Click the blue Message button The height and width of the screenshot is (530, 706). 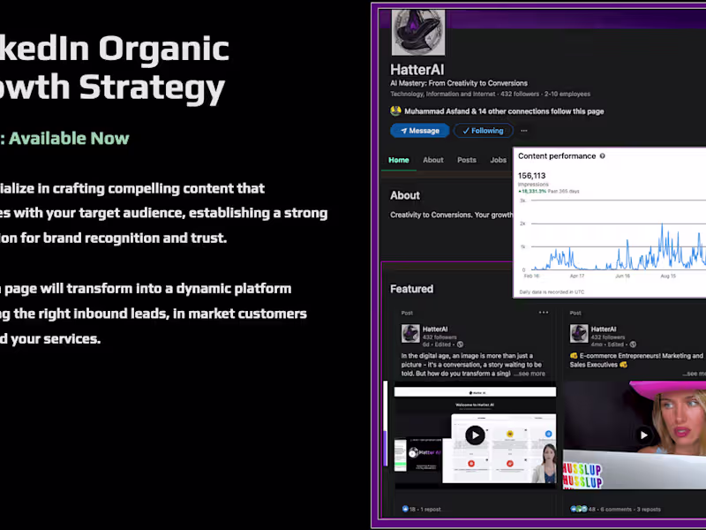pyautogui.click(x=419, y=131)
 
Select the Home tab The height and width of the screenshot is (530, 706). pyautogui.click(x=399, y=160)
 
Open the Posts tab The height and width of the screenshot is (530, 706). pyautogui.click(x=467, y=160)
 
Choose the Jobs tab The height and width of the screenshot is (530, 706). pyautogui.click(x=499, y=160)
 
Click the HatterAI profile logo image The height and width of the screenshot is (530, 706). pyautogui.click(x=418, y=33)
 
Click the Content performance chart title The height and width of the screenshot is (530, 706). pyautogui.click(x=557, y=156)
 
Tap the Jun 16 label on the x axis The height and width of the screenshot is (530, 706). pyautogui.click(x=623, y=276)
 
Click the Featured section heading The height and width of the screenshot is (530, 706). pyautogui.click(x=412, y=289)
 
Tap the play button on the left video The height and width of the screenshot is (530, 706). pyautogui.click(x=475, y=435)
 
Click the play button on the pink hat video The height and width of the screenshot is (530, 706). pyautogui.click(x=645, y=435)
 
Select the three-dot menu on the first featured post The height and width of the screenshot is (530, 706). pyautogui.click(x=544, y=313)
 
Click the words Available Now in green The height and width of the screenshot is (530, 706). pyautogui.click(x=70, y=139)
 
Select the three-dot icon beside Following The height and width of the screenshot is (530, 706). pyautogui.click(x=523, y=131)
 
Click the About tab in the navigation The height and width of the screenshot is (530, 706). pyautogui.click(x=432, y=160)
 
